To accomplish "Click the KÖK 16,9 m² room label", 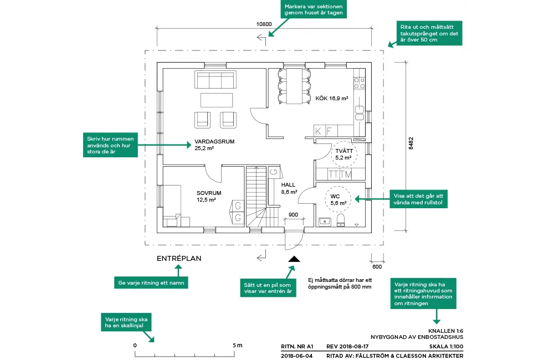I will click(331, 99).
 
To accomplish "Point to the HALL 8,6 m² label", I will click(288, 188).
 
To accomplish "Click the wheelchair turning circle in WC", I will click(338, 200).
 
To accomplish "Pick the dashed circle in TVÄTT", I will click(343, 154).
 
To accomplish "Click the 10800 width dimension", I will click(264, 24).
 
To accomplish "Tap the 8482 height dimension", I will click(411, 142).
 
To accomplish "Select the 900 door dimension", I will click(293, 215).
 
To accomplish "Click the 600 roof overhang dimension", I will click(377, 266).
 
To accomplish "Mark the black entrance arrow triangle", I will click(293, 258).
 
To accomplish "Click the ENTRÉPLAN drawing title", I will click(178, 259).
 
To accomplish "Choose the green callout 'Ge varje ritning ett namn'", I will click(151, 282).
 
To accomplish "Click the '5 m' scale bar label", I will click(238, 346).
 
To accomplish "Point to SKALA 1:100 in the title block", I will click(446, 346).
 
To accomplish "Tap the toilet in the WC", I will click(341, 222).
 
